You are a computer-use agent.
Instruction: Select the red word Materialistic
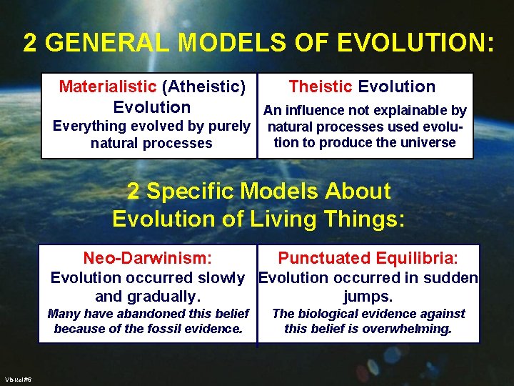coord(107,87)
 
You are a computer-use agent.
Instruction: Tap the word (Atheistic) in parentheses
coord(204,87)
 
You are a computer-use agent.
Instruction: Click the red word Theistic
coord(320,86)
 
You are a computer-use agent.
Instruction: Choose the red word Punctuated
coord(323,258)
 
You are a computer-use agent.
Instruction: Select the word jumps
coord(368,297)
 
